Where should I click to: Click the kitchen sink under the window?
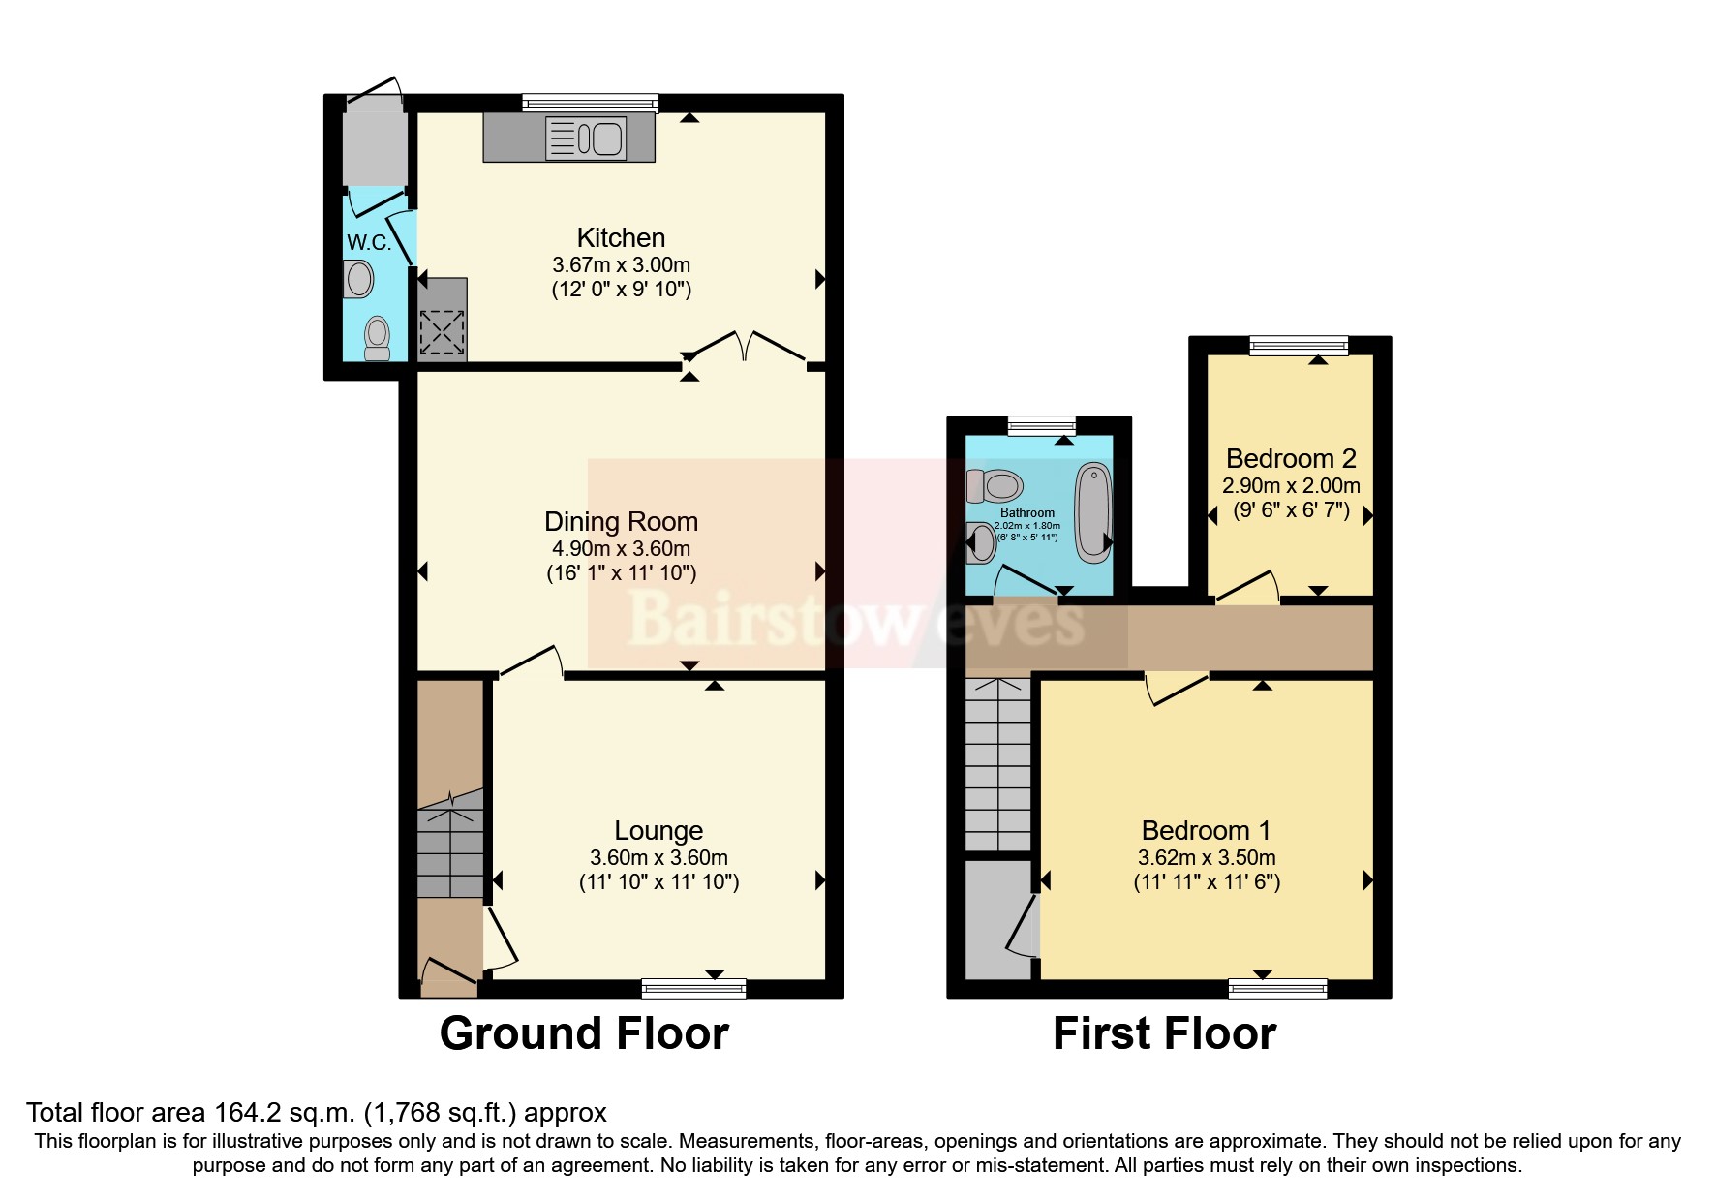[586, 138]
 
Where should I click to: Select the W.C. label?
[369, 242]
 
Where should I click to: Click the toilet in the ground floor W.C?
[377, 338]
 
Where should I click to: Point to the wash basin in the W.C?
[358, 280]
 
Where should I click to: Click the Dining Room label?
[621, 522]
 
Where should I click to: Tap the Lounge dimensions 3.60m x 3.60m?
[658, 858]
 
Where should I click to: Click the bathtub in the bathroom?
[1094, 512]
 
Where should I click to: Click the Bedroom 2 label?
[1291, 458]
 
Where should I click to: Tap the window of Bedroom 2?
[1298, 345]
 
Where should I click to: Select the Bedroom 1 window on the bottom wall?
[1277, 988]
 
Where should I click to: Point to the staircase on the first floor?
[997, 765]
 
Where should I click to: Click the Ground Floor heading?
[584, 1033]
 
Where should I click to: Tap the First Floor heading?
[1164, 1033]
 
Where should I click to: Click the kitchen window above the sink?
[590, 103]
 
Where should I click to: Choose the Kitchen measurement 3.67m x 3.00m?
[621, 264]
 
